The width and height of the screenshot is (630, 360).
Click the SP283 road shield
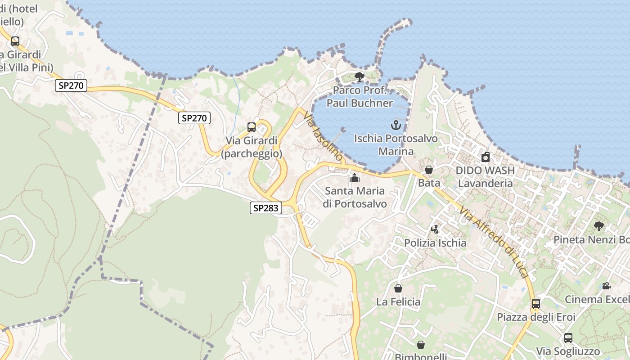(x=266, y=208)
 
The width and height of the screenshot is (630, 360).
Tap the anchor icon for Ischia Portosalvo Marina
(x=396, y=125)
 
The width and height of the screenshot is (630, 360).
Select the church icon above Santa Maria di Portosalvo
(x=355, y=178)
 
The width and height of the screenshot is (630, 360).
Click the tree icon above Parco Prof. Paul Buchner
(x=359, y=77)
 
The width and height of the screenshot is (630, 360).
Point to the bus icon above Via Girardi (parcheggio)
(x=252, y=127)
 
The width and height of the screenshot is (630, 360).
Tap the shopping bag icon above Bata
(x=429, y=170)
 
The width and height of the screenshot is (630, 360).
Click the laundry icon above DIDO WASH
(x=485, y=157)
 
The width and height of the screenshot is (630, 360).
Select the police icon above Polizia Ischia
(x=435, y=229)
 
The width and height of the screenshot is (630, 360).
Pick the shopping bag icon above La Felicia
(x=398, y=288)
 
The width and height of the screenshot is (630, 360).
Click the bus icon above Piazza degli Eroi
(x=535, y=304)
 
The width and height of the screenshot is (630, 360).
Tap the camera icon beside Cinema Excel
(x=606, y=286)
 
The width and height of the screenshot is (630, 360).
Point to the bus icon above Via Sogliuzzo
(x=568, y=338)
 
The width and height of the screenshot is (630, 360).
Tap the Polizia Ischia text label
(x=435, y=243)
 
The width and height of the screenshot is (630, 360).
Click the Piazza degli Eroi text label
(x=536, y=317)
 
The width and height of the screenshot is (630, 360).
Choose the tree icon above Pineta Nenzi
(x=598, y=226)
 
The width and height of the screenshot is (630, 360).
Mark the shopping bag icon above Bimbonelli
(x=420, y=345)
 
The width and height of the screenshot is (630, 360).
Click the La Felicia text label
(x=398, y=302)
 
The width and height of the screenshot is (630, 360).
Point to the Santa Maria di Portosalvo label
(x=355, y=197)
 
